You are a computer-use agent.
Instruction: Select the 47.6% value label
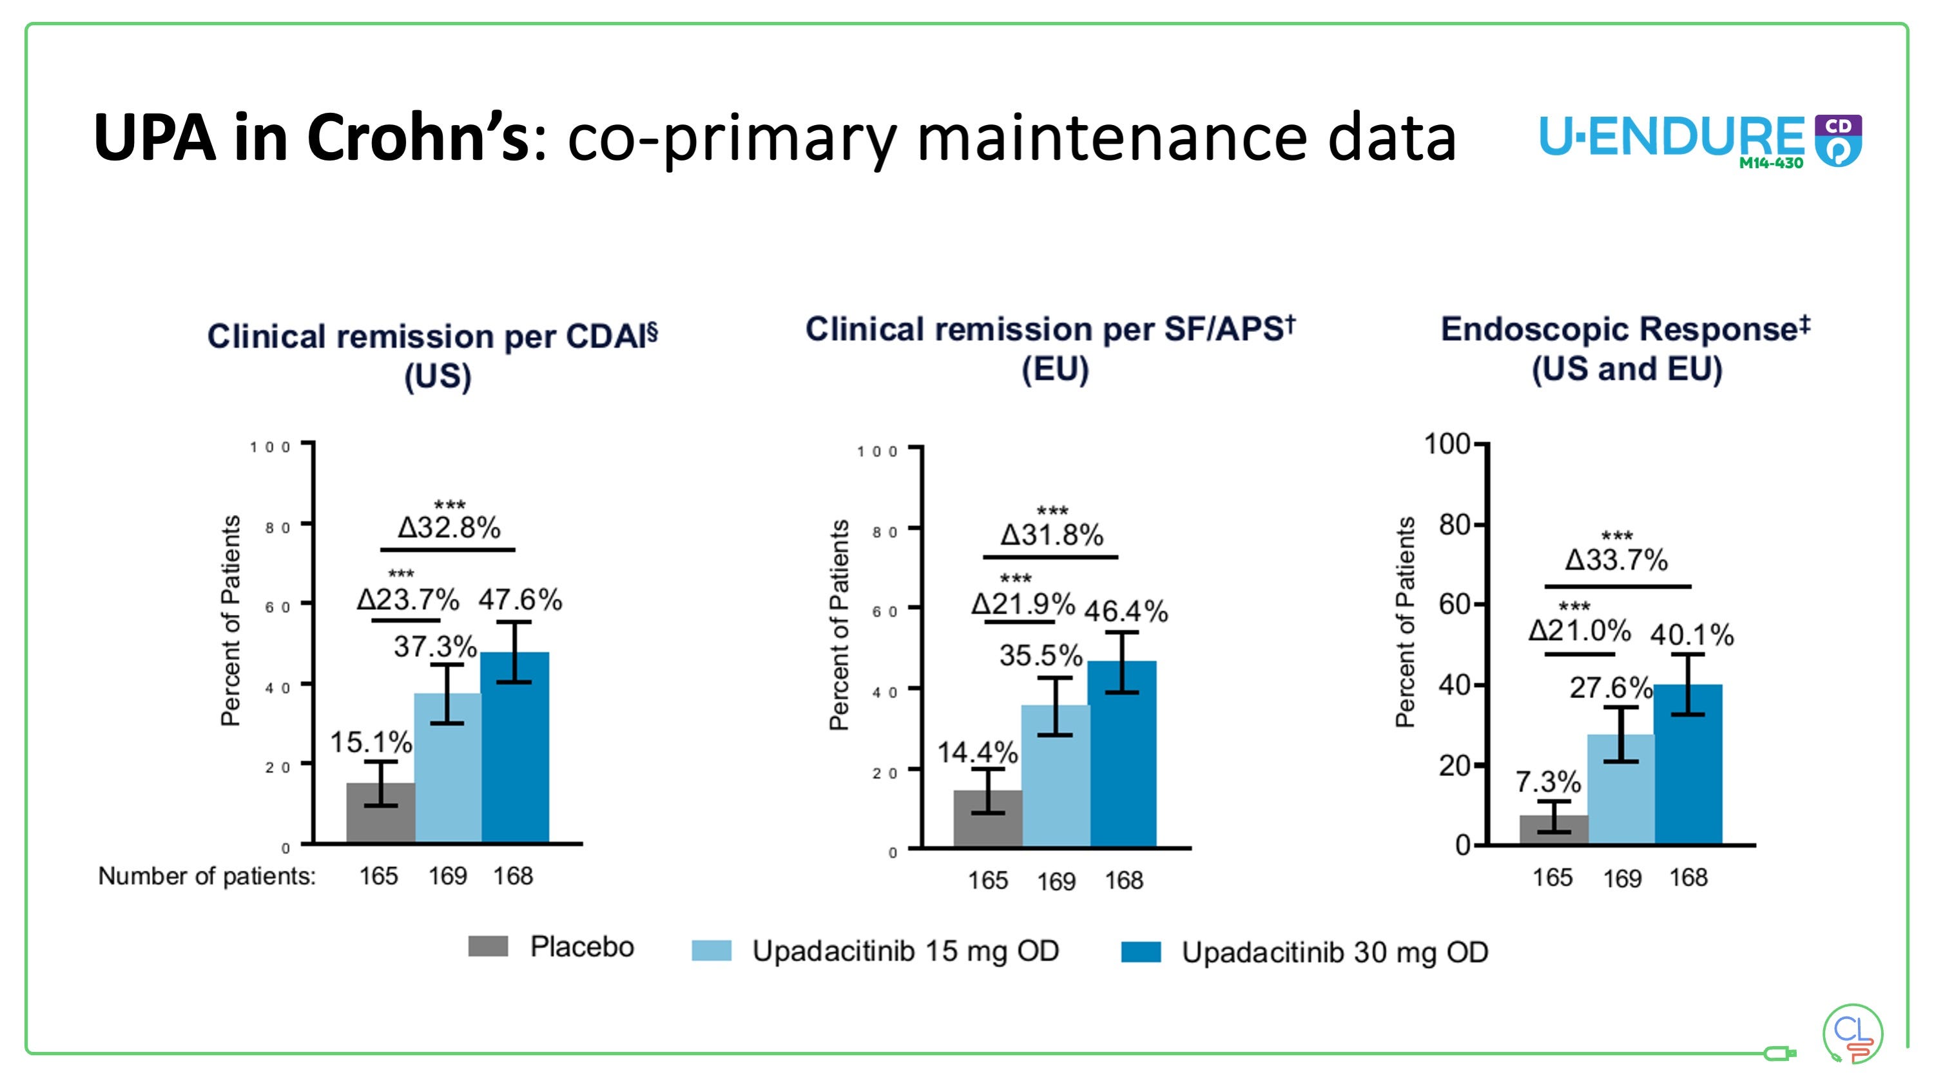point(519,600)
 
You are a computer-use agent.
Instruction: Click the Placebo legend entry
point(552,947)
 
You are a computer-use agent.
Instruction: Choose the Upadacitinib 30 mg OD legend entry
point(1305,952)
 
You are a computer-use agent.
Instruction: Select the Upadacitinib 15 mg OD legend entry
point(875,951)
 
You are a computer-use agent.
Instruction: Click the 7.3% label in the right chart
point(1547,782)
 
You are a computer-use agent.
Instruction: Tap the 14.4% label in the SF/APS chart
point(977,752)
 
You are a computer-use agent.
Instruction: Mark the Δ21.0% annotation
point(1580,630)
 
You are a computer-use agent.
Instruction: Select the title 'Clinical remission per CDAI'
point(432,336)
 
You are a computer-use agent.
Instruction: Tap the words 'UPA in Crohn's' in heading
point(311,137)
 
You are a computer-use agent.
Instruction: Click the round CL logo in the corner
point(1852,1034)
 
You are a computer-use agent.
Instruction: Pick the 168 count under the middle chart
point(1123,880)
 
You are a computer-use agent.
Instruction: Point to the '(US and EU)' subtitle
point(1626,369)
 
